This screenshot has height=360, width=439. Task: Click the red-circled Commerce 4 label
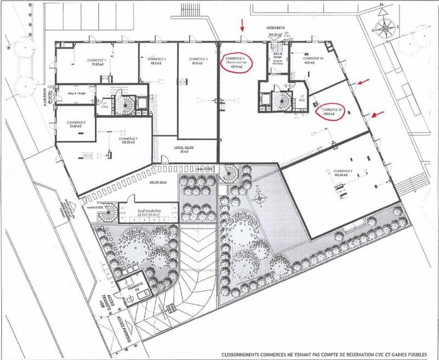point(234,61)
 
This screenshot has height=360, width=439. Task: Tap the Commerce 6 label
point(76,123)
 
